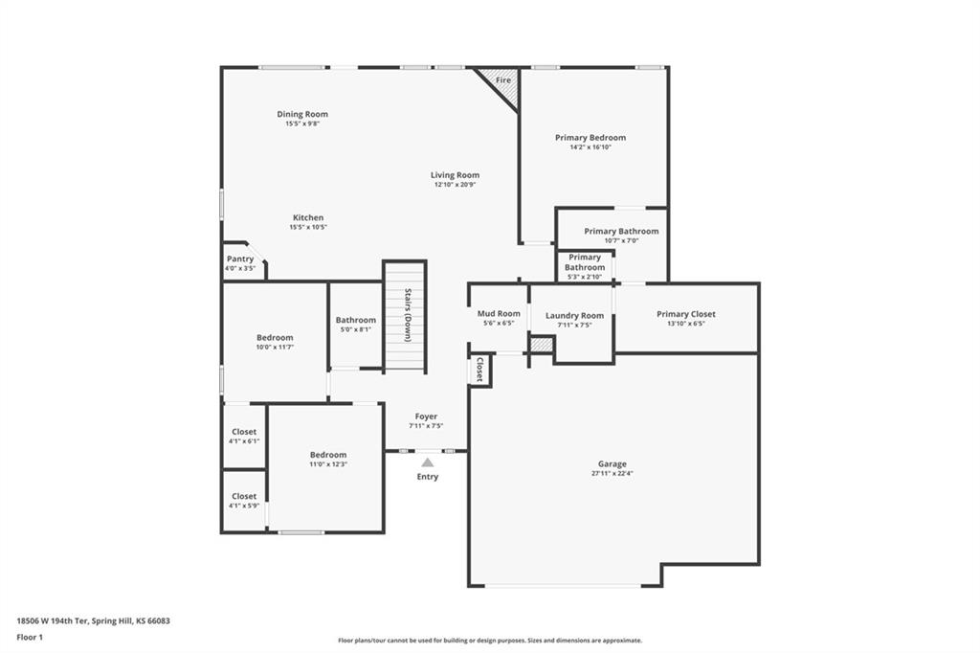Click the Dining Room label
click(302, 114)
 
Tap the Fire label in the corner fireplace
click(503, 80)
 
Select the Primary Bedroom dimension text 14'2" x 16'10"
click(590, 147)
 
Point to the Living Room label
click(455, 175)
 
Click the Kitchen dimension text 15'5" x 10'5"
click(308, 227)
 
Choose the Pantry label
click(240, 259)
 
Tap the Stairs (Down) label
click(408, 315)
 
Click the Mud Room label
click(499, 313)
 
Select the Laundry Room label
click(574, 315)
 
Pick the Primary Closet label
click(686, 314)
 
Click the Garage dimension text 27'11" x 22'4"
click(612, 474)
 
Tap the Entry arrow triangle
click(428, 462)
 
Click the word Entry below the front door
click(428, 477)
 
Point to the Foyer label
click(426, 417)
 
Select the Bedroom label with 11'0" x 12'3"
click(328, 455)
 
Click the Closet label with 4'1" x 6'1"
click(244, 432)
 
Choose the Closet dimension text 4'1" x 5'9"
click(244, 506)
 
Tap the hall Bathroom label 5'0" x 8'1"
click(356, 320)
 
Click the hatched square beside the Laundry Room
click(542, 344)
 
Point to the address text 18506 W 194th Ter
click(53, 621)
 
